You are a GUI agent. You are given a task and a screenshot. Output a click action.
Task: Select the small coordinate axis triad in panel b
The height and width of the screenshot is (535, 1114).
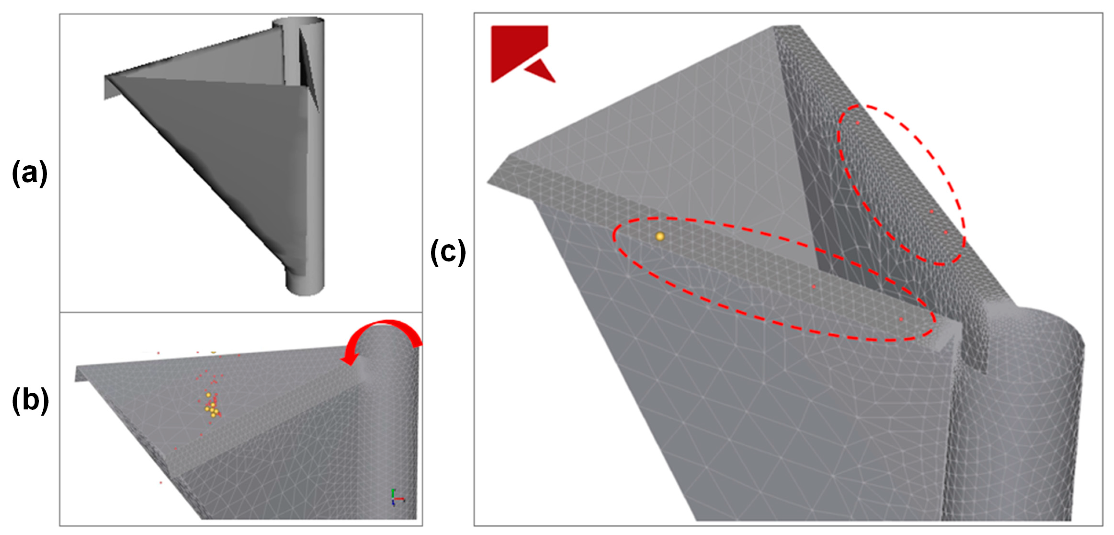[x=397, y=497]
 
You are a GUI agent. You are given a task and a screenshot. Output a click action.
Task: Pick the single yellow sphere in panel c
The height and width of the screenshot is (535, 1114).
[x=659, y=236]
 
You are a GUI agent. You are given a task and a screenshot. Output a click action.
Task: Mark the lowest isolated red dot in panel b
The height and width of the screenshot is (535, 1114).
[x=161, y=482]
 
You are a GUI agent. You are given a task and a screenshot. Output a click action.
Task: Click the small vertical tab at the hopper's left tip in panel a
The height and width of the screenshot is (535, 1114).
[x=111, y=88]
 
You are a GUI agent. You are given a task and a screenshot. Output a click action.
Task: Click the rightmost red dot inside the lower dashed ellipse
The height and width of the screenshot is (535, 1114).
[x=901, y=319]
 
